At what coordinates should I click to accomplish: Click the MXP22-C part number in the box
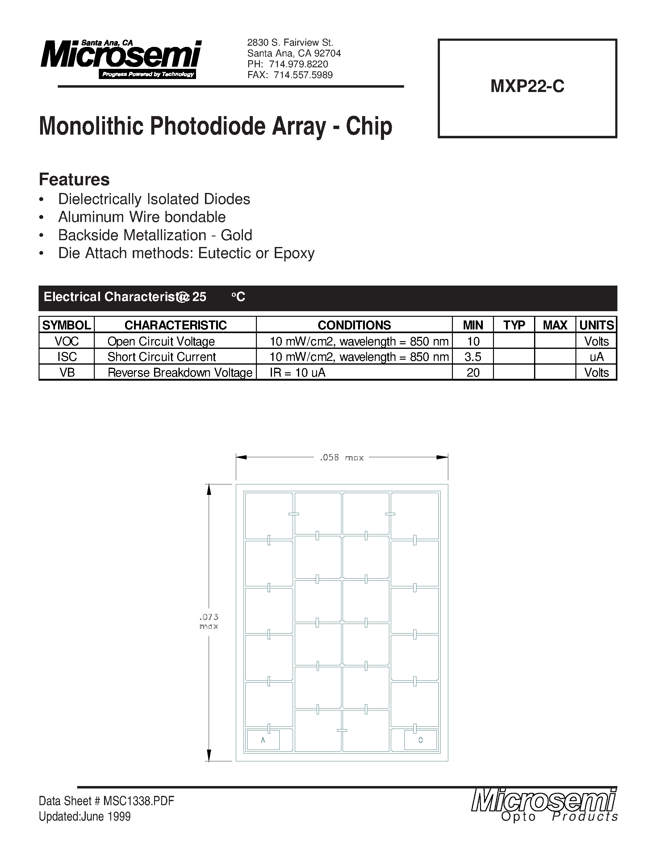coord(527,86)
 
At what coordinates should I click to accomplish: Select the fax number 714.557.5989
coord(303,75)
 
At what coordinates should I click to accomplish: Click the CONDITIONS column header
coord(354,325)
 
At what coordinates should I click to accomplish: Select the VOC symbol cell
coord(67,341)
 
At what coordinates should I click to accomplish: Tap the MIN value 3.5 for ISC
coord(473,357)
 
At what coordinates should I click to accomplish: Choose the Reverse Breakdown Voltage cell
coord(180,372)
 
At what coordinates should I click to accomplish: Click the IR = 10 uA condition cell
coord(298,372)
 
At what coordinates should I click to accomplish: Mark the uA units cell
coord(596,357)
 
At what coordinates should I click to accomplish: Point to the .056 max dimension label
coord(342,458)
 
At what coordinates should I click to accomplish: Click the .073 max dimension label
coord(209,621)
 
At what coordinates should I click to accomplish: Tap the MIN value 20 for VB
coord(473,372)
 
